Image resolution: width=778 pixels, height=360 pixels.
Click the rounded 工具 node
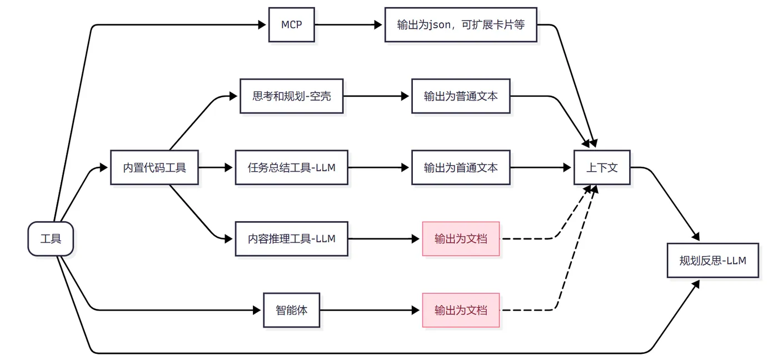click(x=51, y=239)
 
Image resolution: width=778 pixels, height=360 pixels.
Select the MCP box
click(x=291, y=24)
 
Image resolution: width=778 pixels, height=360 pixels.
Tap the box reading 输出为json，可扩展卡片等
click(x=461, y=24)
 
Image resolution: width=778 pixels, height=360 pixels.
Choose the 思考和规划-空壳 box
click(x=291, y=96)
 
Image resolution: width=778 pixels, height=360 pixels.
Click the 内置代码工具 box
click(x=154, y=167)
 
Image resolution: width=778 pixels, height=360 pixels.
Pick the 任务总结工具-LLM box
click(x=291, y=167)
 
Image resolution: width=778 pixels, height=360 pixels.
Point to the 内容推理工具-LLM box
click(x=291, y=239)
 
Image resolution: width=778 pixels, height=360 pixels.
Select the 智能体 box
click(x=291, y=310)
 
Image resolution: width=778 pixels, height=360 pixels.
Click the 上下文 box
click(x=602, y=167)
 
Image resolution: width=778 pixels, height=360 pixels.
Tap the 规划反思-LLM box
click(x=712, y=260)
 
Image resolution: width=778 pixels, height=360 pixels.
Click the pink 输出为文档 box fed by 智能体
click(x=461, y=310)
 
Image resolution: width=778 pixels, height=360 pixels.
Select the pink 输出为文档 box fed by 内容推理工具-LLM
click(x=461, y=239)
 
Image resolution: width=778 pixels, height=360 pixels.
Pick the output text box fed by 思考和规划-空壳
click(x=461, y=96)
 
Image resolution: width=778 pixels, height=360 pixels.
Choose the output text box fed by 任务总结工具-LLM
click(x=461, y=167)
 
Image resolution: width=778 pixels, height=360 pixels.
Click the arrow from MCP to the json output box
click(x=350, y=24)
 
